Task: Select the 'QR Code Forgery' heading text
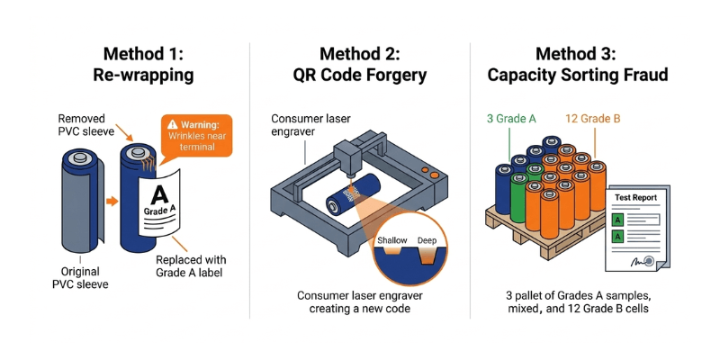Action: click(360, 75)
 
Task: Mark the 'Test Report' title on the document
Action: click(635, 197)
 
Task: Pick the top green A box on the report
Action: click(618, 217)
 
